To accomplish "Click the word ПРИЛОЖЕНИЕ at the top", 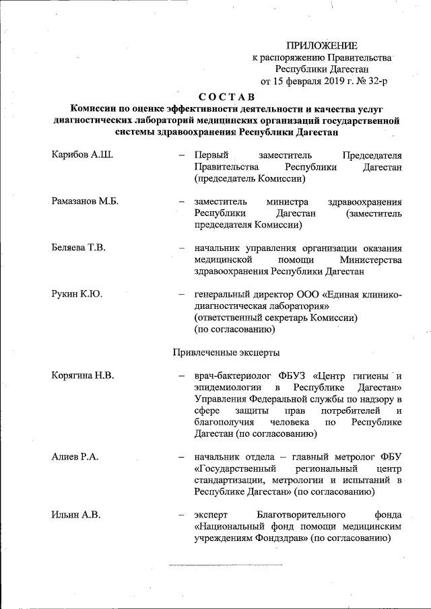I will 322,46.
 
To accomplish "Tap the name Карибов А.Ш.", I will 82,155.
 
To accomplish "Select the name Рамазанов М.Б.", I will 85,202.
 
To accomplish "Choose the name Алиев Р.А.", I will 75,457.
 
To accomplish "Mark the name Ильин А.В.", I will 75,515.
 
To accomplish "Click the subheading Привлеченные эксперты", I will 227,352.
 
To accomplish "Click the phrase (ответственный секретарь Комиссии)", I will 275,318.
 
